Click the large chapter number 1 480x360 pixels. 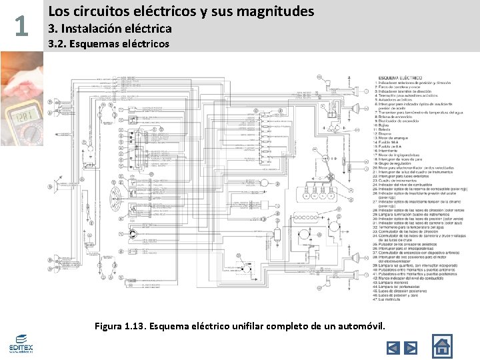click(21, 26)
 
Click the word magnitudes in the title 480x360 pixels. click(273, 11)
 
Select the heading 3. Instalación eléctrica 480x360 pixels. click(111, 29)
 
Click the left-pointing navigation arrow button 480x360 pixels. click(393, 347)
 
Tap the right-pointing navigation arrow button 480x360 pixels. click(411, 347)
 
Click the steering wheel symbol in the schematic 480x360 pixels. click(117, 194)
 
